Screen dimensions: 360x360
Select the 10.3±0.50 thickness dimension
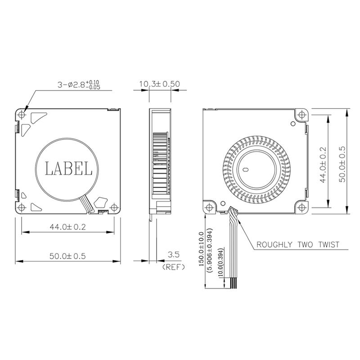click(159, 84)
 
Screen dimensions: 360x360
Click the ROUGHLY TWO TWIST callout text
click(297, 245)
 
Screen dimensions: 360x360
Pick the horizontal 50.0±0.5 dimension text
click(67, 256)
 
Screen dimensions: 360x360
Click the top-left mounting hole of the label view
click(23, 115)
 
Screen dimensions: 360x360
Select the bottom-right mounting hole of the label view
click(115, 207)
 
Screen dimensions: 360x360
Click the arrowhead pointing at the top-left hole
click(26, 109)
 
